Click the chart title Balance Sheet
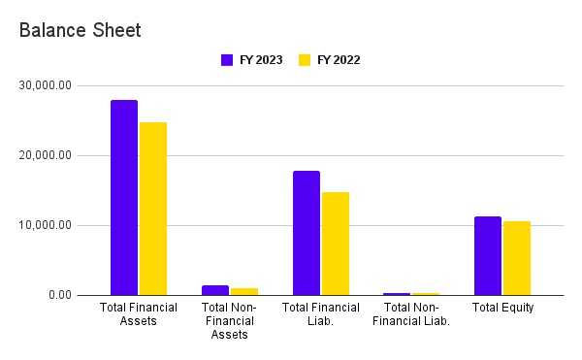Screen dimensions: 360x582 (x=81, y=30)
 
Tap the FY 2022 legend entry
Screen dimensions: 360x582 (x=329, y=59)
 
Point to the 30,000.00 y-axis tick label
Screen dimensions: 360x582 (x=46, y=85)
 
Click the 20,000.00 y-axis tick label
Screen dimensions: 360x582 (x=46, y=155)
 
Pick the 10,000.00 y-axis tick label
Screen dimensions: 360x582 (x=46, y=225)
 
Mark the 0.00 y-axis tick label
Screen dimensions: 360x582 (x=58, y=295)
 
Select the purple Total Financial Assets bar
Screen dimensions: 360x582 (x=124, y=197)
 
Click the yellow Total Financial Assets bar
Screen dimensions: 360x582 (x=153, y=209)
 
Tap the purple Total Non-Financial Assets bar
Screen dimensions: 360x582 (x=215, y=290)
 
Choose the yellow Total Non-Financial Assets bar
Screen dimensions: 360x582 (x=244, y=291)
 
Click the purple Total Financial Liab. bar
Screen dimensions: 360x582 (x=307, y=233)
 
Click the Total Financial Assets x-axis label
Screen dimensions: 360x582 (x=139, y=314)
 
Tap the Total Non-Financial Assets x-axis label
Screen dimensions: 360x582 (x=230, y=321)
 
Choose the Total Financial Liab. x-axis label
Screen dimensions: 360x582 (x=321, y=314)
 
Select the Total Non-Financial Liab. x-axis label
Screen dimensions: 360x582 (x=411, y=314)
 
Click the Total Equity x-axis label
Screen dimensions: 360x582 (x=502, y=308)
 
